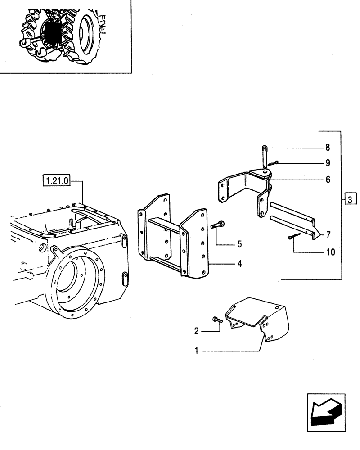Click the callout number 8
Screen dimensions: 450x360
click(327, 148)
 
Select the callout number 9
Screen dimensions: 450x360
click(327, 162)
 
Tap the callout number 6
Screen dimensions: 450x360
click(327, 180)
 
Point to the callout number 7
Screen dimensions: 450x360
click(328, 234)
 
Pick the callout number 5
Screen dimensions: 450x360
click(239, 244)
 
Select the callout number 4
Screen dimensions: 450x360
click(239, 264)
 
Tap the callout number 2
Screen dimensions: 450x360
click(196, 331)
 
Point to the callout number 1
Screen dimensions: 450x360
click(196, 350)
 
